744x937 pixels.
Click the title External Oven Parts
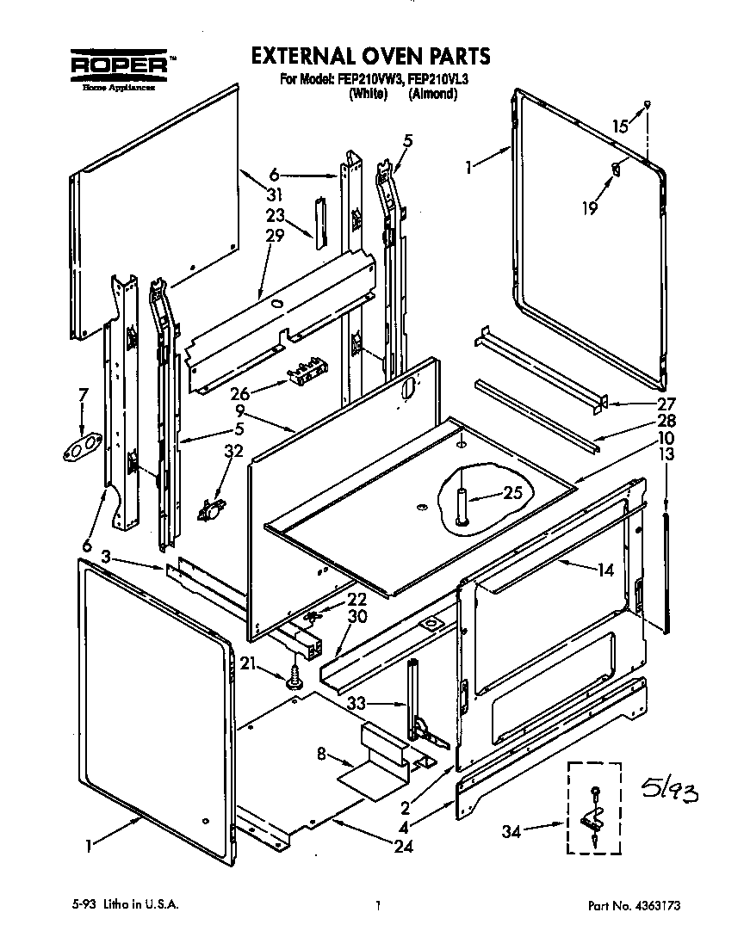click(x=370, y=57)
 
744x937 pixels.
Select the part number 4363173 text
click(x=638, y=905)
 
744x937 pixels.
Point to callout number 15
click(x=620, y=126)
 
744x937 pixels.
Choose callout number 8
click(x=322, y=755)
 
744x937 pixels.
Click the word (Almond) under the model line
click(x=432, y=95)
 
